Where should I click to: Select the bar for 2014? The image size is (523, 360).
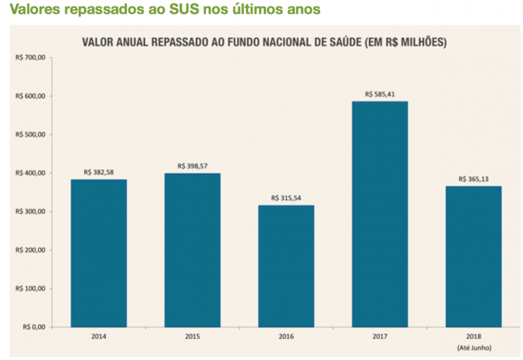tap(98, 253)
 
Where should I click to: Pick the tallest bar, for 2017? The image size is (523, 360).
tap(379, 214)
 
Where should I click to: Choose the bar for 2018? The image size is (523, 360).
tap(473, 256)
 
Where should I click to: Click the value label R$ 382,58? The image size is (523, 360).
tap(98, 172)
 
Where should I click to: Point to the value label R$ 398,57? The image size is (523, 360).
tap(192, 166)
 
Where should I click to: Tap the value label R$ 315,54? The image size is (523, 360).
tap(286, 198)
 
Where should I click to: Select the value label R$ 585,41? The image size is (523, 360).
tap(379, 95)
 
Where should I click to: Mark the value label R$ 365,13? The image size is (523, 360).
tap(473, 179)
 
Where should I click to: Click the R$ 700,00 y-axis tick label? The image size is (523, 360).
tap(31, 58)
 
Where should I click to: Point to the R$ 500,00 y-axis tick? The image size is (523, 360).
tap(31, 135)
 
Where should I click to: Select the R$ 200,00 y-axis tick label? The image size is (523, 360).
tap(31, 250)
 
